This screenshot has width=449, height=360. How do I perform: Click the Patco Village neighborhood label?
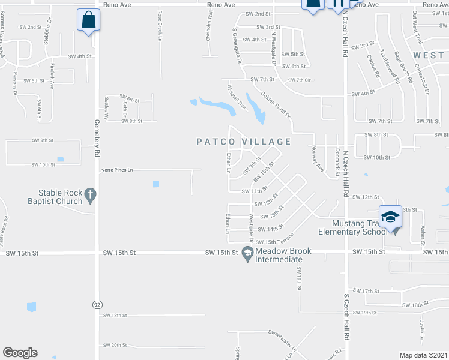click(244, 142)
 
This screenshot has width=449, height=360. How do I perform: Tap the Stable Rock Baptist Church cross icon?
click(90, 194)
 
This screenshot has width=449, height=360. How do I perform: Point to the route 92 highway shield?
click(97, 305)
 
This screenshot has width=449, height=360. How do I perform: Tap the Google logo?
click(20, 353)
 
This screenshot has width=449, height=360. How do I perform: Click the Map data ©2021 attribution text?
click(424, 355)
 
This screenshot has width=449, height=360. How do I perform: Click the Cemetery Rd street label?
click(97, 137)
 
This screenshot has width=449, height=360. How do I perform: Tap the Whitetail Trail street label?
click(237, 96)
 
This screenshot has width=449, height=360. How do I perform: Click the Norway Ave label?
click(320, 160)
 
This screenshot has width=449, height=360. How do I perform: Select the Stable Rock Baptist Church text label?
click(60, 197)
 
